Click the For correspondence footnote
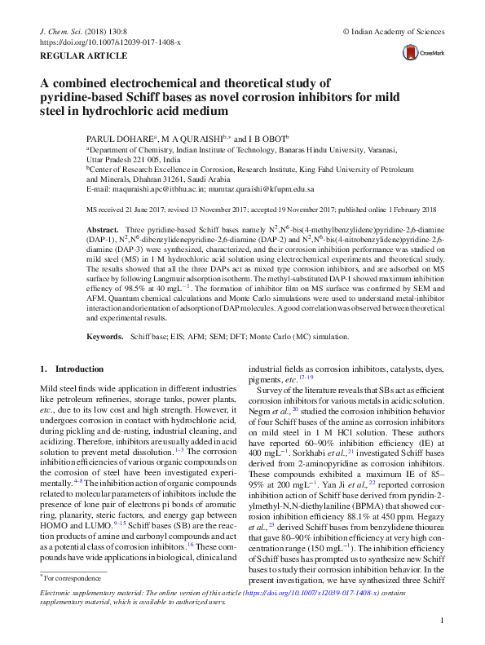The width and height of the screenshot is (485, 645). [x=67, y=577]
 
